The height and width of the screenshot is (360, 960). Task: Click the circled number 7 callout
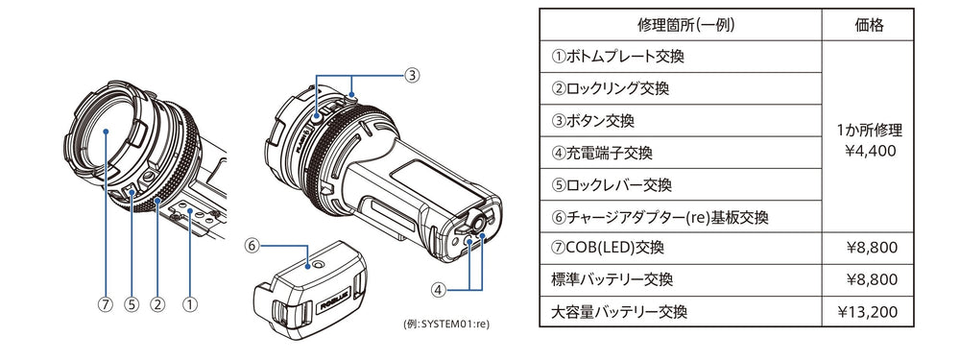coord(106,304)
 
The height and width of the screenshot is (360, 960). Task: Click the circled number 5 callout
coord(132,304)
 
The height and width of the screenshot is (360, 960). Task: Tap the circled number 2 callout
coord(158,304)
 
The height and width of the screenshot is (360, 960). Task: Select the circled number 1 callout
coord(190,304)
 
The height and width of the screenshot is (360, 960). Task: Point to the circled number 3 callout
coord(412,75)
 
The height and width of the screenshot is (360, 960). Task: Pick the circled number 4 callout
coord(437,289)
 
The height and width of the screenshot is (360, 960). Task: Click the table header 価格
coord(868,25)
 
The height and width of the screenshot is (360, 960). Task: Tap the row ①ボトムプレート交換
coord(617,57)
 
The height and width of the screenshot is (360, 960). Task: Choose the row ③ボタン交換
coord(592,121)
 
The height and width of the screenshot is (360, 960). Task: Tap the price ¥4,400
coord(868,151)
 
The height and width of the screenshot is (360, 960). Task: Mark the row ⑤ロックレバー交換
coord(611,184)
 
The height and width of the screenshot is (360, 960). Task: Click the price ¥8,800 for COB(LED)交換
coord(872,248)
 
